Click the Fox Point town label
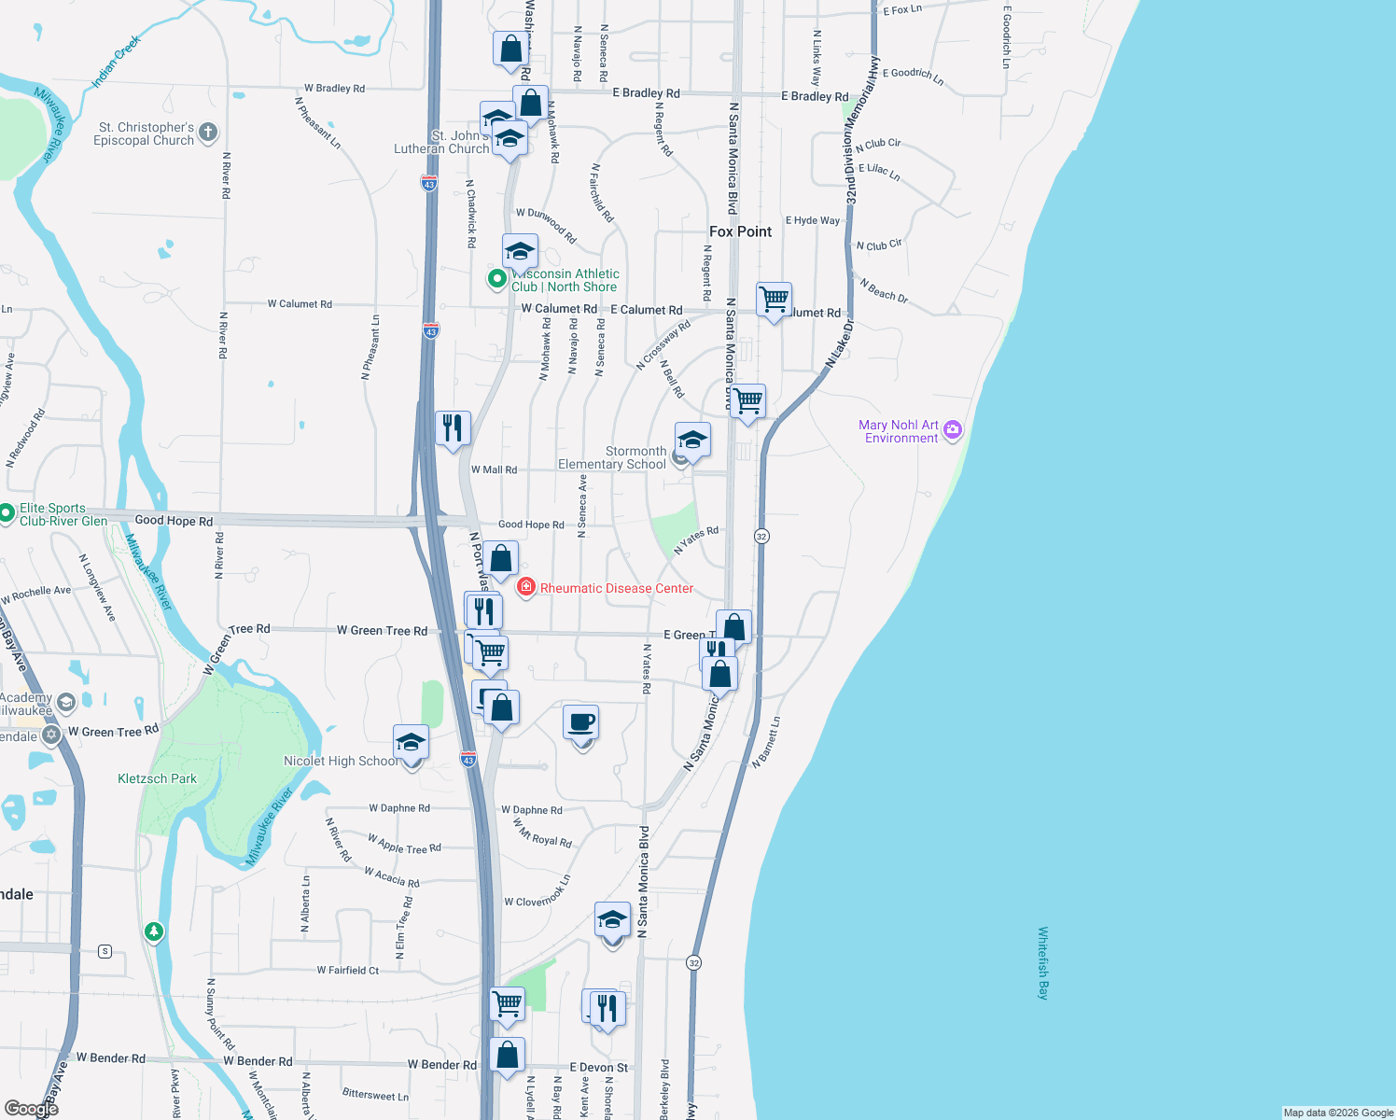pyautogui.click(x=740, y=231)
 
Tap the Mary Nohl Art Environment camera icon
pyautogui.click(x=952, y=430)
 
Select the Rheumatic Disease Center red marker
pyautogui.click(x=526, y=587)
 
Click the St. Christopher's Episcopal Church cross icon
pyautogui.click(x=208, y=133)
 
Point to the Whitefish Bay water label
pyautogui.click(x=1043, y=962)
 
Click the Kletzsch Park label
pyautogui.click(x=157, y=778)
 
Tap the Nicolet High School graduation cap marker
pyautogui.click(x=411, y=743)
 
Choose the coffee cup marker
pyautogui.click(x=581, y=722)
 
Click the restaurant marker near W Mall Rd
pyautogui.click(x=453, y=428)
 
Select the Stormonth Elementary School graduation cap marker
pyautogui.click(x=692, y=440)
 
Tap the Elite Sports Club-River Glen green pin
pyautogui.click(x=7, y=511)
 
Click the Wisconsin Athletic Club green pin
pyautogui.click(x=497, y=278)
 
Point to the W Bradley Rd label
pyautogui.click(x=334, y=89)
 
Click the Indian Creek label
pyautogui.click(x=116, y=62)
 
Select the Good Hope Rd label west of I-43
pyautogui.click(x=174, y=521)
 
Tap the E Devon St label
pyautogui.click(x=599, y=1067)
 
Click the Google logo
pyautogui.click(x=30, y=1109)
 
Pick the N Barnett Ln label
pyautogui.click(x=766, y=742)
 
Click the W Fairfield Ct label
pyautogui.click(x=347, y=971)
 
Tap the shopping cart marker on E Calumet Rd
pyautogui.click(x=774, y=300)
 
